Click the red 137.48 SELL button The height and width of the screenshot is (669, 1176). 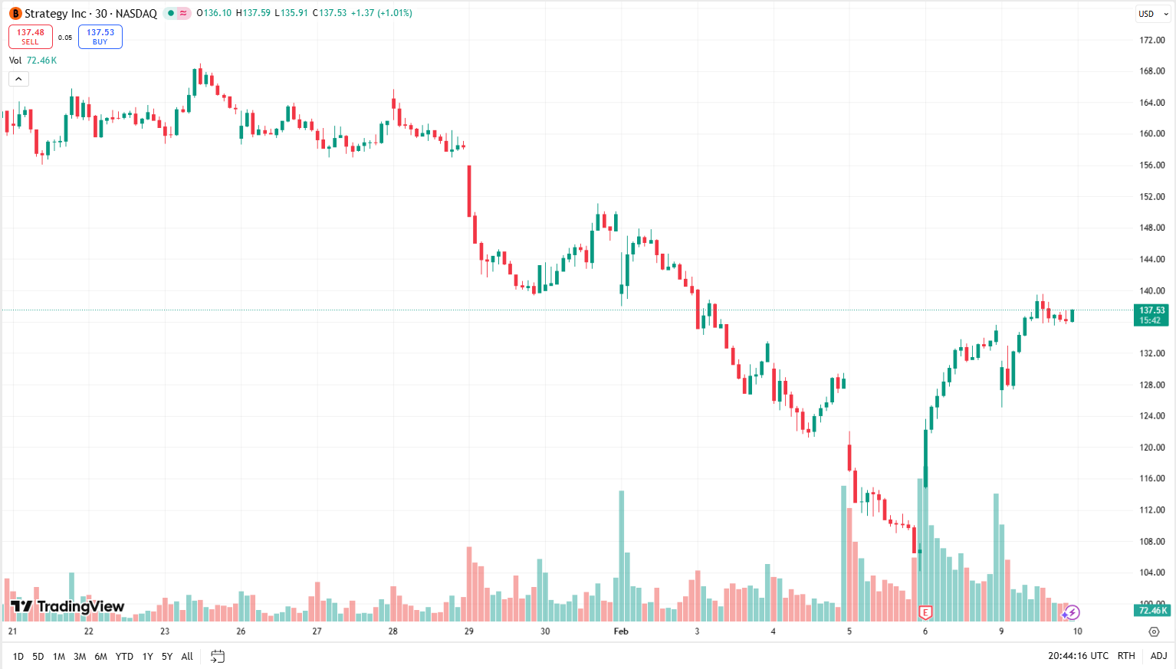pyautogui.click(x=31, y=37)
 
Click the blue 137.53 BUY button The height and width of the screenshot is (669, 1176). pyautogui.click(x=100, y=37)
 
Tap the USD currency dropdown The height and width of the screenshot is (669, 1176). pyautogui.click(x=1152, y=14)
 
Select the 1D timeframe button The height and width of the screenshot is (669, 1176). pyautogui.click(x=18, y=657)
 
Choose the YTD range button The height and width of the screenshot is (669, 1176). pyautogui.click(x=124, y=657)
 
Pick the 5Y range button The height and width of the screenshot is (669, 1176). pyautogui.click(x=167, y=657)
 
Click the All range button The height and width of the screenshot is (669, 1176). pyautogui.click(x=187, y=657)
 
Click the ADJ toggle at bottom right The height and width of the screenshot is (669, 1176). pyautogui.click(x=1158, y=656)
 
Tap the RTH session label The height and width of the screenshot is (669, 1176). pyautogui.click(x=1126, y=656)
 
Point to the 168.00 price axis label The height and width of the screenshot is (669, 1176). pyautogui.click(x=1151, y=71)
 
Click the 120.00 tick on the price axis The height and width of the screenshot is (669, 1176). pyautogui.click(x=1151, y=448)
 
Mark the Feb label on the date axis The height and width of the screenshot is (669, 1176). pyautogui.click(x=621, y=631)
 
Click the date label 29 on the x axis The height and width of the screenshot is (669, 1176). pyautogui.click(x=469, y=631)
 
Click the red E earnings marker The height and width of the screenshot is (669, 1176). pyautogui.click(x=925, y=612)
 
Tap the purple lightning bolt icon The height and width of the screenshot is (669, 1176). pyautogui.click(x=1072, y=612)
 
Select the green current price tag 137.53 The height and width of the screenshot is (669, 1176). pyautogui.click(x=1151, y=315)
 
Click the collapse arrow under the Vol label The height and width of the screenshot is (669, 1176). pyautogui.click(x=18, y=79)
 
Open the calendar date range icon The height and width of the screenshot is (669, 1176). pyautogui.click(x=218, y=657)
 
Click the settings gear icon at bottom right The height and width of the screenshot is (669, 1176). pyautogui.click(x=1154, y=631)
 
